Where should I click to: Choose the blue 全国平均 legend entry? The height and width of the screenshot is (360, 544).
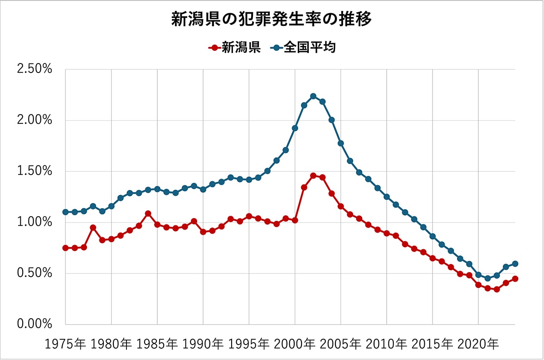(304, 48)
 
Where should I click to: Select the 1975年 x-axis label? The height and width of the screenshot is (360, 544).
(66, 344)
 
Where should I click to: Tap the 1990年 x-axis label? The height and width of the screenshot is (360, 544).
(203, 344)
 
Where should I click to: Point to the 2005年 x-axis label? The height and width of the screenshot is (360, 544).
(341, 344)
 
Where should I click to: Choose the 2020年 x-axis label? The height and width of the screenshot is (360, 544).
(478, 344)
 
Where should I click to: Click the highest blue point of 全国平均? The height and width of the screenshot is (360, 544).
(313, 96)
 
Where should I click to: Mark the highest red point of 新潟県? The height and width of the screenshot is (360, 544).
(313, 175)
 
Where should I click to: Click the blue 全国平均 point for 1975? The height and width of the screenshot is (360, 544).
(66, 212)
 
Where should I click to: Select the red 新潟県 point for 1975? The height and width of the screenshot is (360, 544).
(66, 248)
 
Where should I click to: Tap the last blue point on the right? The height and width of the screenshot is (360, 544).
(515, 264)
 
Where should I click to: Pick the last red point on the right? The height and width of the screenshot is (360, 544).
(515, 279)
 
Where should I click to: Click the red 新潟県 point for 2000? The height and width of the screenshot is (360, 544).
(295, 220)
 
